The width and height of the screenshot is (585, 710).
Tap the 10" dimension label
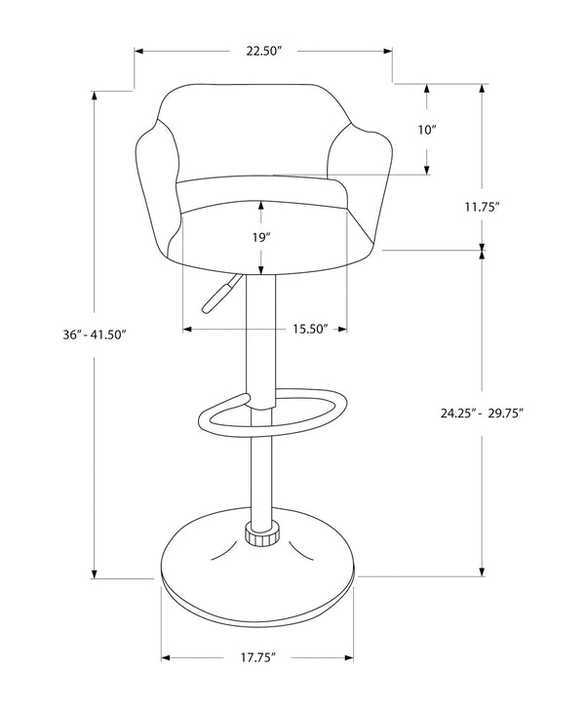427,129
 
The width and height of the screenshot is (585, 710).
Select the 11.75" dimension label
482,206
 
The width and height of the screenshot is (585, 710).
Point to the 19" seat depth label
260,236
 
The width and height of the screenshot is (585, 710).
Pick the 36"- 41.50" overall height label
95,334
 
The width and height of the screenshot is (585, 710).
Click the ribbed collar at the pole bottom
260,535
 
